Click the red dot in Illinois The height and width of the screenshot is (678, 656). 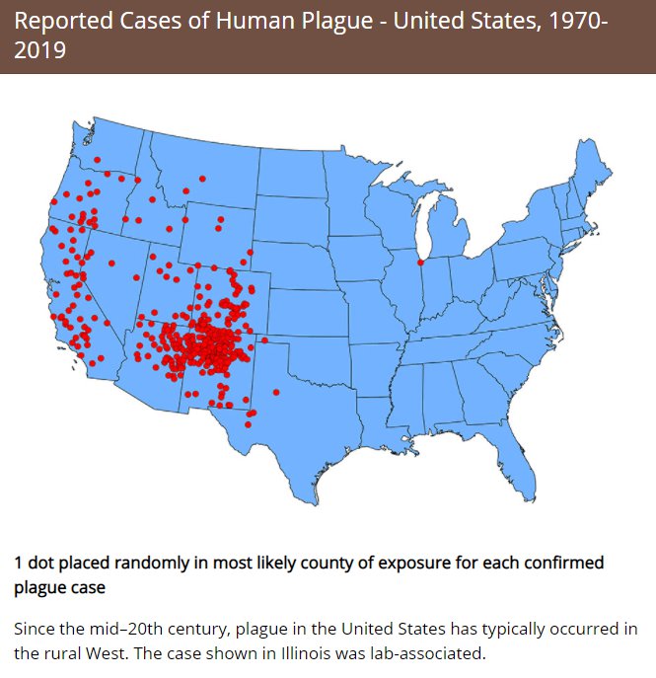421,263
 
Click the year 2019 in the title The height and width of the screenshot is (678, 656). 40,49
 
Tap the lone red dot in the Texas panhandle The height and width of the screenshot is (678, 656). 276,393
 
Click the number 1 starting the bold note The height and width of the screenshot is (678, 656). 19,563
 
